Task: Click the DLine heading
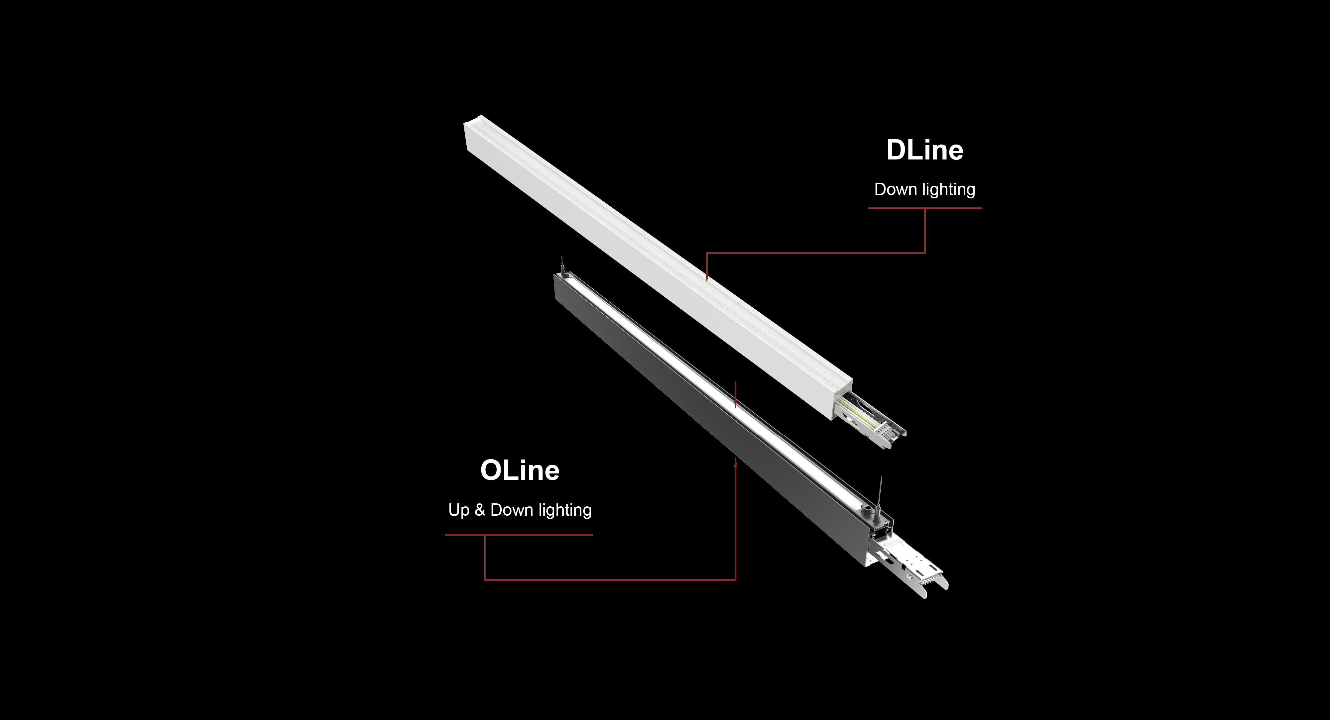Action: coord(925,150)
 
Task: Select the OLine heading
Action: coord(520,470)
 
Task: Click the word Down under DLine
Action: coord(895,189)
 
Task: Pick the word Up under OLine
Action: coord(458,510)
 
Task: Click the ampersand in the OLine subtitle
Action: coord(480,510)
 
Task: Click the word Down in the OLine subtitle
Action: coord(511,510)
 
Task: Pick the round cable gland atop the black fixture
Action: coord(868,508)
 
